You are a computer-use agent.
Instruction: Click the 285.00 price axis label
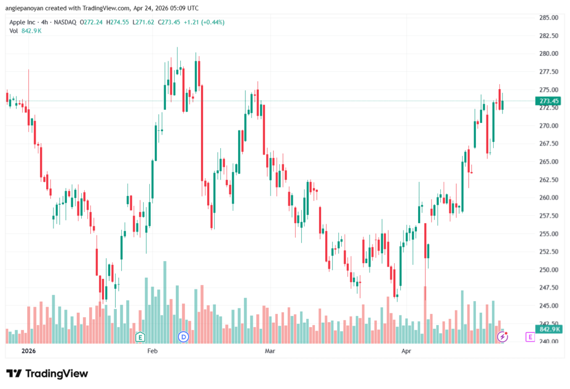point(548,17)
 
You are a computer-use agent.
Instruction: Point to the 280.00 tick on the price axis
point(548,53)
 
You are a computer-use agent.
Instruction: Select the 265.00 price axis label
point(548,161)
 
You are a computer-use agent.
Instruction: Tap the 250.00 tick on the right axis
point(548,269)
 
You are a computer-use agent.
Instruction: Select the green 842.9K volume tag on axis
point(549,329)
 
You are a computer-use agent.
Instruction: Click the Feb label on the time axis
point(153,351)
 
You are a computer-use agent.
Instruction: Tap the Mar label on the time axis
point(270,351)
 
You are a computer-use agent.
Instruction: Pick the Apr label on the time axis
point(406,351)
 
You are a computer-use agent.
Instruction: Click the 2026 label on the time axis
point(28,351)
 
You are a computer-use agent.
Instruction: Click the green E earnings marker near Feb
point(140,337)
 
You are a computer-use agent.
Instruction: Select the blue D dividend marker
point(183,337)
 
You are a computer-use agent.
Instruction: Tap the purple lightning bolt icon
point(503,337)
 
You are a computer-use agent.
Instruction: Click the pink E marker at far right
point(530,337)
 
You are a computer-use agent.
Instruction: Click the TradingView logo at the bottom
point(47,373)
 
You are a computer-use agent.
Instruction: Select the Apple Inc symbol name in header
point(22,22)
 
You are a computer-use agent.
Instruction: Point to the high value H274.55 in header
point(117,22)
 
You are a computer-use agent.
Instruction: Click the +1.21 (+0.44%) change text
point(204,22)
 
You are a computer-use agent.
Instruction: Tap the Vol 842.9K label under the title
point(26,31)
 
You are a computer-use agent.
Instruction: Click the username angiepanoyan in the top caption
point(24,8)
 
